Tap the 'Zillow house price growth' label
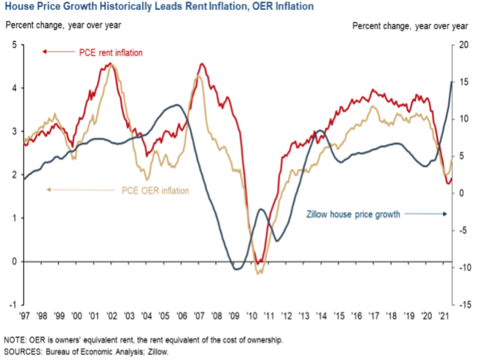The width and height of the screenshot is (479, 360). click(x=353, y=215)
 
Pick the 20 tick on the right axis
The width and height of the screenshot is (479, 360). click(x=462, y=45)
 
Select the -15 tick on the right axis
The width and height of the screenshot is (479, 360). click(x=462, y=304)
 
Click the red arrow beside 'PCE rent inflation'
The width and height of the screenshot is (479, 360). click(x=56, y=52)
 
